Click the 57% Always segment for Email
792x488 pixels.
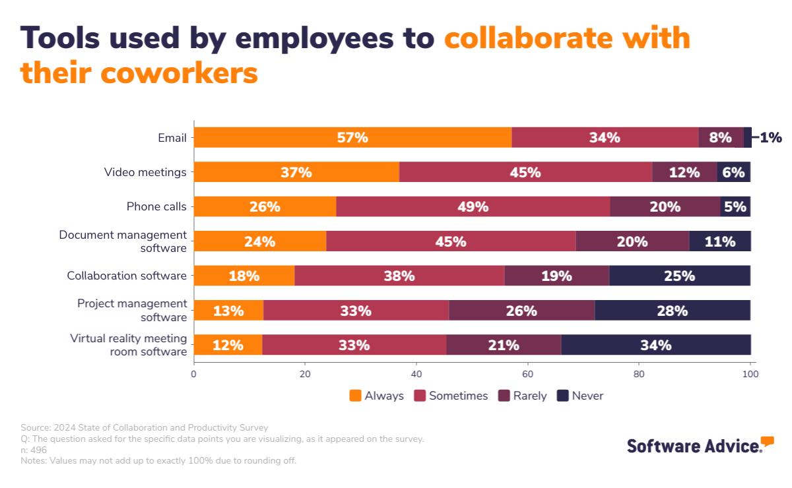[352, 138]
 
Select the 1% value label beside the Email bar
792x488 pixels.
[770, 138]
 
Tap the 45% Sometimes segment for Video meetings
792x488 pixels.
[525, 172]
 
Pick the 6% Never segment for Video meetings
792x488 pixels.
[733, 172]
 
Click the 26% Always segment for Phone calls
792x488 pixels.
[265, 206]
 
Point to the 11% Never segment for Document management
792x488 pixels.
[719, 241]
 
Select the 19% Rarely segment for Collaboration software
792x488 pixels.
[556, 276]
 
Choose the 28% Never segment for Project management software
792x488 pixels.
[672, 310]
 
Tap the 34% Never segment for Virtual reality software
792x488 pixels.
[655, 345]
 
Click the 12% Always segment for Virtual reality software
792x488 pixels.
[228, 345]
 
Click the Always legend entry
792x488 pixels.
[376, 396]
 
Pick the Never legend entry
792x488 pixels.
[580, 396]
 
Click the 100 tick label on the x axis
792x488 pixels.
[750, 374]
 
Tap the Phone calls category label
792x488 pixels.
[156, 206]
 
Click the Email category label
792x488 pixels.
[172, 138]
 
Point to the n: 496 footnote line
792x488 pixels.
[34, 450]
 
